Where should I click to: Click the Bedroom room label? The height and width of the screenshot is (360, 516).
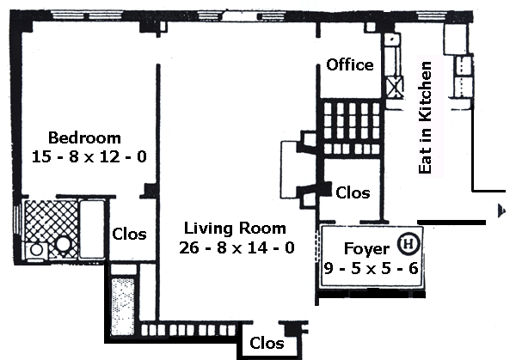click(84, 137)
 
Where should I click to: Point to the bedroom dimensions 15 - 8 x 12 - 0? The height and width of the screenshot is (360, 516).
click(84, 156)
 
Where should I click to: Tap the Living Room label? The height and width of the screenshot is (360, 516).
click(235, 229)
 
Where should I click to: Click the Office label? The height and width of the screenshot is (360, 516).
click(349, 65)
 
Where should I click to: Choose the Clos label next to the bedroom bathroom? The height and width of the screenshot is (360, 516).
click(129, 234)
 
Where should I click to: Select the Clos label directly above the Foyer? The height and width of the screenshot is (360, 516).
click(353, 192)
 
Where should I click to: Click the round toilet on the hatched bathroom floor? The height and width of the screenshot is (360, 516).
click(64, 244)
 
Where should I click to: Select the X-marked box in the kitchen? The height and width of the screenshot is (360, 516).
click(397, 88)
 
